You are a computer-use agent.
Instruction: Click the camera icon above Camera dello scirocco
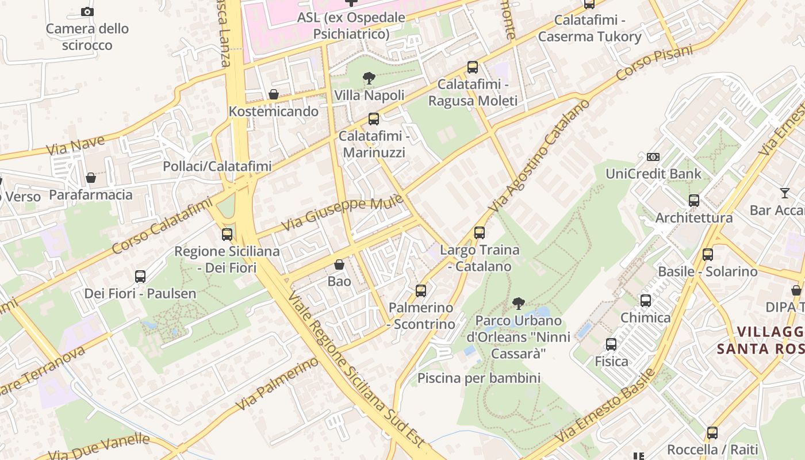pyautogui.click(x=87, y=11)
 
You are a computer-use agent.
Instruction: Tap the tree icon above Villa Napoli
pyautogui.click(x=369, y=78)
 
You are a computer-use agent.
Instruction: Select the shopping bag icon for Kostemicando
pyautogui.click(x=274, y=94)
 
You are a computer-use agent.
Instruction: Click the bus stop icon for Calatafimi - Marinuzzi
pyautogui.click(x=374, y=119)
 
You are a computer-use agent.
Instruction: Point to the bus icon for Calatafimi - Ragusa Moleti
pyautogui.click(x=473, y=67)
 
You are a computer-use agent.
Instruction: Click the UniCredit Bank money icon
pyautogui.click(x=653, y=156)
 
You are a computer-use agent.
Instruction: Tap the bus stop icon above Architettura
pyautogui.click(x=694, y=201)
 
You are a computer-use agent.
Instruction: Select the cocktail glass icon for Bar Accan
pyautogui.click(x=785, y=193)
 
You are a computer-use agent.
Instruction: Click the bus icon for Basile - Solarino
pyautogui.click(x=708, y=254)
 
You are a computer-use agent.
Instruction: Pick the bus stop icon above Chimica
pyautogui.click(x=646, y=300)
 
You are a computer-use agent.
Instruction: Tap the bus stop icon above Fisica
pyautogui.click(x=611, y=344)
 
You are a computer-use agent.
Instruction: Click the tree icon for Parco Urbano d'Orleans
pyautogui.click(x=519, y=303)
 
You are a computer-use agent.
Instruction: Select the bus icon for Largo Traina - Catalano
pyautogui.click(x=480, y=233)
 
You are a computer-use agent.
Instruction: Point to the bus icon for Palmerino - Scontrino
pyautogui.click(x=421, y=291)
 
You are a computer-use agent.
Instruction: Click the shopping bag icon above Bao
pyautogui.click(x=339, y=264)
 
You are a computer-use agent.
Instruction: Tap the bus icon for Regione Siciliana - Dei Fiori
pyautogui.click(x=227, y=234)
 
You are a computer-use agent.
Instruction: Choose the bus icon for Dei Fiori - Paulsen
pyautogui.click(x=140, y=276)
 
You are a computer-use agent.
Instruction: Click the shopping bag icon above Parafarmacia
pyautogui.click(x=91, y=178)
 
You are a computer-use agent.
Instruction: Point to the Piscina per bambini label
pyautogui.click(x=478, y=378)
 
